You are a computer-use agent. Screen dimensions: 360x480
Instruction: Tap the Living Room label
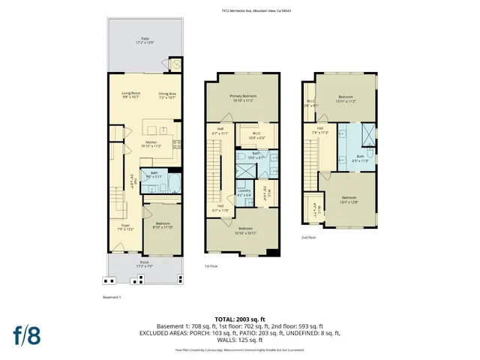pyautogui.click(x=131, y=95)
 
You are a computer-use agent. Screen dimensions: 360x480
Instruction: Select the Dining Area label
pyautogui.click(x=167, y=95)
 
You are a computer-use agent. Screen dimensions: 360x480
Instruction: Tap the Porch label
pyautogui.click(x=144, y=263)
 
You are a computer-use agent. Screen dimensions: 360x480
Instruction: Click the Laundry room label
pyautogui.click(x=244, y=192)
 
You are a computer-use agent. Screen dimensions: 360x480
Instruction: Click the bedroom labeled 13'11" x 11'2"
pyautogui.click(x=345, y=99)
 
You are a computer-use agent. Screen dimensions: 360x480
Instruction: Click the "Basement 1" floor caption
pyautogui.click(x=112, y=298)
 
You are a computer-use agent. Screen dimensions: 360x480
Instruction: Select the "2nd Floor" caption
pyautogui.click(x=309, y=237)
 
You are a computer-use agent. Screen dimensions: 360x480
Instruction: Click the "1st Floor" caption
pyautogui.click(x=211, y=266)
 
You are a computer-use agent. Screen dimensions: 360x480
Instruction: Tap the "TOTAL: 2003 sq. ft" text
pyautogui.click(x=240, y=319)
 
